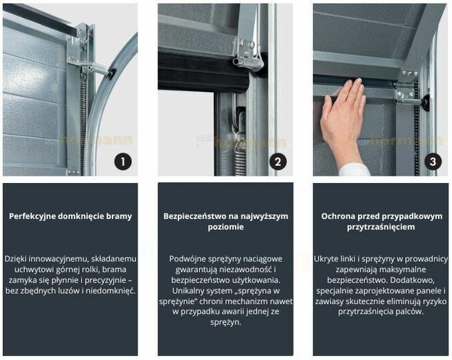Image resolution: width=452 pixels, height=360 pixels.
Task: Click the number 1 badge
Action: pyautogui.click(x=122, y=162)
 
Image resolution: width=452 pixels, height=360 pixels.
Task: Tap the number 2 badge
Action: pyautogui.click(x=277, y=162)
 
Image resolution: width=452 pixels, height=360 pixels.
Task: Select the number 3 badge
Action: pyautogui.click(x=433, y=162)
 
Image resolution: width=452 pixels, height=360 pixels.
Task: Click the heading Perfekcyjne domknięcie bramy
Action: pyautogui.click(x=70, y=216)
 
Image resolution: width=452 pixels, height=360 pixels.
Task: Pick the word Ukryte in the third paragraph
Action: pyautogui.click(x=327, y=258)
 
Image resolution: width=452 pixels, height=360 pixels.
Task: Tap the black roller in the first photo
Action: pyautogui.click(x=111, y=71)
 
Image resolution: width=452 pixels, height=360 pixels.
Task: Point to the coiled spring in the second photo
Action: pyautogui.click(x=240, y=155)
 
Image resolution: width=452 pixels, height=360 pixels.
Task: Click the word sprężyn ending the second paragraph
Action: pyautogui.click(x=225, y=322)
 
